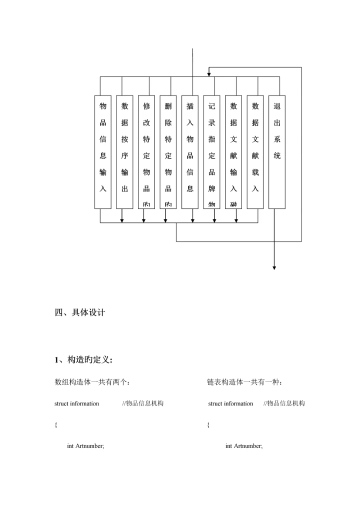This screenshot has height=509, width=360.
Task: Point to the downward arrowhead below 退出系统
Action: [x=274, y=267]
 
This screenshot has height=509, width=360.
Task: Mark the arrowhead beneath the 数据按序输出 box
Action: [x=122, y=220]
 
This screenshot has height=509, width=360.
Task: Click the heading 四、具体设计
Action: [x=79, y=313]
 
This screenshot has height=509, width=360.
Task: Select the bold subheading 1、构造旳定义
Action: [x=83, y=359]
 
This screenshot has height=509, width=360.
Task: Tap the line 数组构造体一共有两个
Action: [x=92, y=382]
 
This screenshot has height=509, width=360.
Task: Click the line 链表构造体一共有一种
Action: [x=245, y=382]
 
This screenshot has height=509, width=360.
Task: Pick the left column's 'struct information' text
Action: [x=76, y=403]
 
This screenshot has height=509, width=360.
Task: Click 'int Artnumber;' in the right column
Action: [x=244, y=446]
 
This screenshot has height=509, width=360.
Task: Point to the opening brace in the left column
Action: [x=55, y=425]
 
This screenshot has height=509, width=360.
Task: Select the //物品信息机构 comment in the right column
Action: [x=284, y=403]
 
